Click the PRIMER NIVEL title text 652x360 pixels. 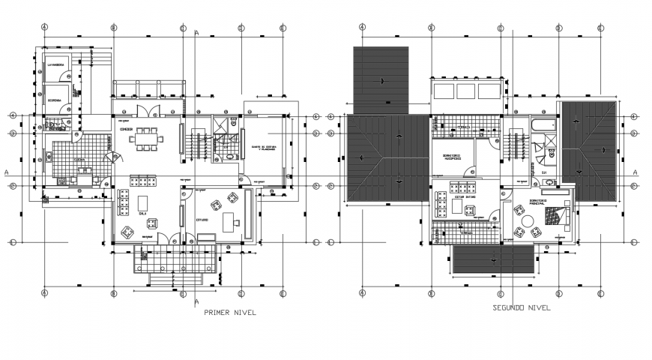[x=231, y=314]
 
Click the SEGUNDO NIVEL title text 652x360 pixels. [x=522, y=307]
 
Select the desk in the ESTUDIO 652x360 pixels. [x=230, y=220]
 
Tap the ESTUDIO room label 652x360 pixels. [x=202, y=220]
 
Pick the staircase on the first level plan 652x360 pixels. [x=200, y=143]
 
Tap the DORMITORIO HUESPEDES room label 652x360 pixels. [x=447, y=158]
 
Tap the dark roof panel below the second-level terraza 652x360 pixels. [x=493, y=260]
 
